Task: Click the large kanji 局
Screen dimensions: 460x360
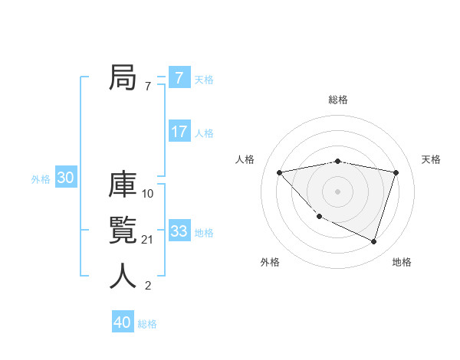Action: pyautogui.click(x=123, y=78)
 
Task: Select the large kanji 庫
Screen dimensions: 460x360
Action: pyautogui.click(x=123, y=186)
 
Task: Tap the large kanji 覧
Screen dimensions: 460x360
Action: pyautogui.click(x=123, y=231)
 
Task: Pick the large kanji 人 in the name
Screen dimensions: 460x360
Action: pyautogui.click(x=123, y=277)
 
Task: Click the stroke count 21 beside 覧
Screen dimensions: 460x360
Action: pyautogui.click(x=148, y=240)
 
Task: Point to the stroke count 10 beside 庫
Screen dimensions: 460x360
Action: pyautogui.click(x=148, y=194)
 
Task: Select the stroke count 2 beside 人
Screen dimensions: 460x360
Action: pyautogui.click(x=148, y=286)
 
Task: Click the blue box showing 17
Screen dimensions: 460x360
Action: pyautogui.click(x=179, y=132)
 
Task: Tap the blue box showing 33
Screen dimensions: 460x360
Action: pyautogui.click(x=179, y=231)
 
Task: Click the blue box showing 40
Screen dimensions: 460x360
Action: pyautogui.click(x=123, y=322)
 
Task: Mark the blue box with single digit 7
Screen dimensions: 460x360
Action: pyautogui.click(x=179, y=78)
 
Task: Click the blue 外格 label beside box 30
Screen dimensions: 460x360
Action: pyautogui.click(x=41, y=179)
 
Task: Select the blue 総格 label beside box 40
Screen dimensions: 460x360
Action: pyautogui.click(x=147, y=324)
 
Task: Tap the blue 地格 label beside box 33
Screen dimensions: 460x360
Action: pyautogui.click(x=204, y=233)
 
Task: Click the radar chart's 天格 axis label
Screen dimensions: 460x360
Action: pyautogui.click(x=431, y=159)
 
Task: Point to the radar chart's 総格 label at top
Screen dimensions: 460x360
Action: pyautogui.click(x=338, y=100)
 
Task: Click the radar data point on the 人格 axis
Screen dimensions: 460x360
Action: pyautogui.click(x=279, y=172)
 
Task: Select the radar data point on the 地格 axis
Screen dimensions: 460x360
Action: pyautogui.click(x=374, y=242)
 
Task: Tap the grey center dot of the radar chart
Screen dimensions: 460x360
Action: pyautogui.click(x=337, y=191)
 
